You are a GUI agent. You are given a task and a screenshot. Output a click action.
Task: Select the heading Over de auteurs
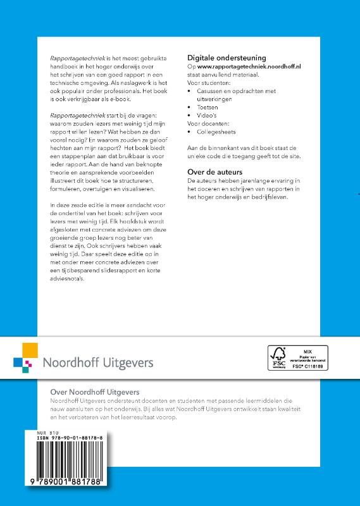tap(215, 171)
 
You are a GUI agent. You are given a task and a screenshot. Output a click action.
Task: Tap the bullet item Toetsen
tap(209, 108)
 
